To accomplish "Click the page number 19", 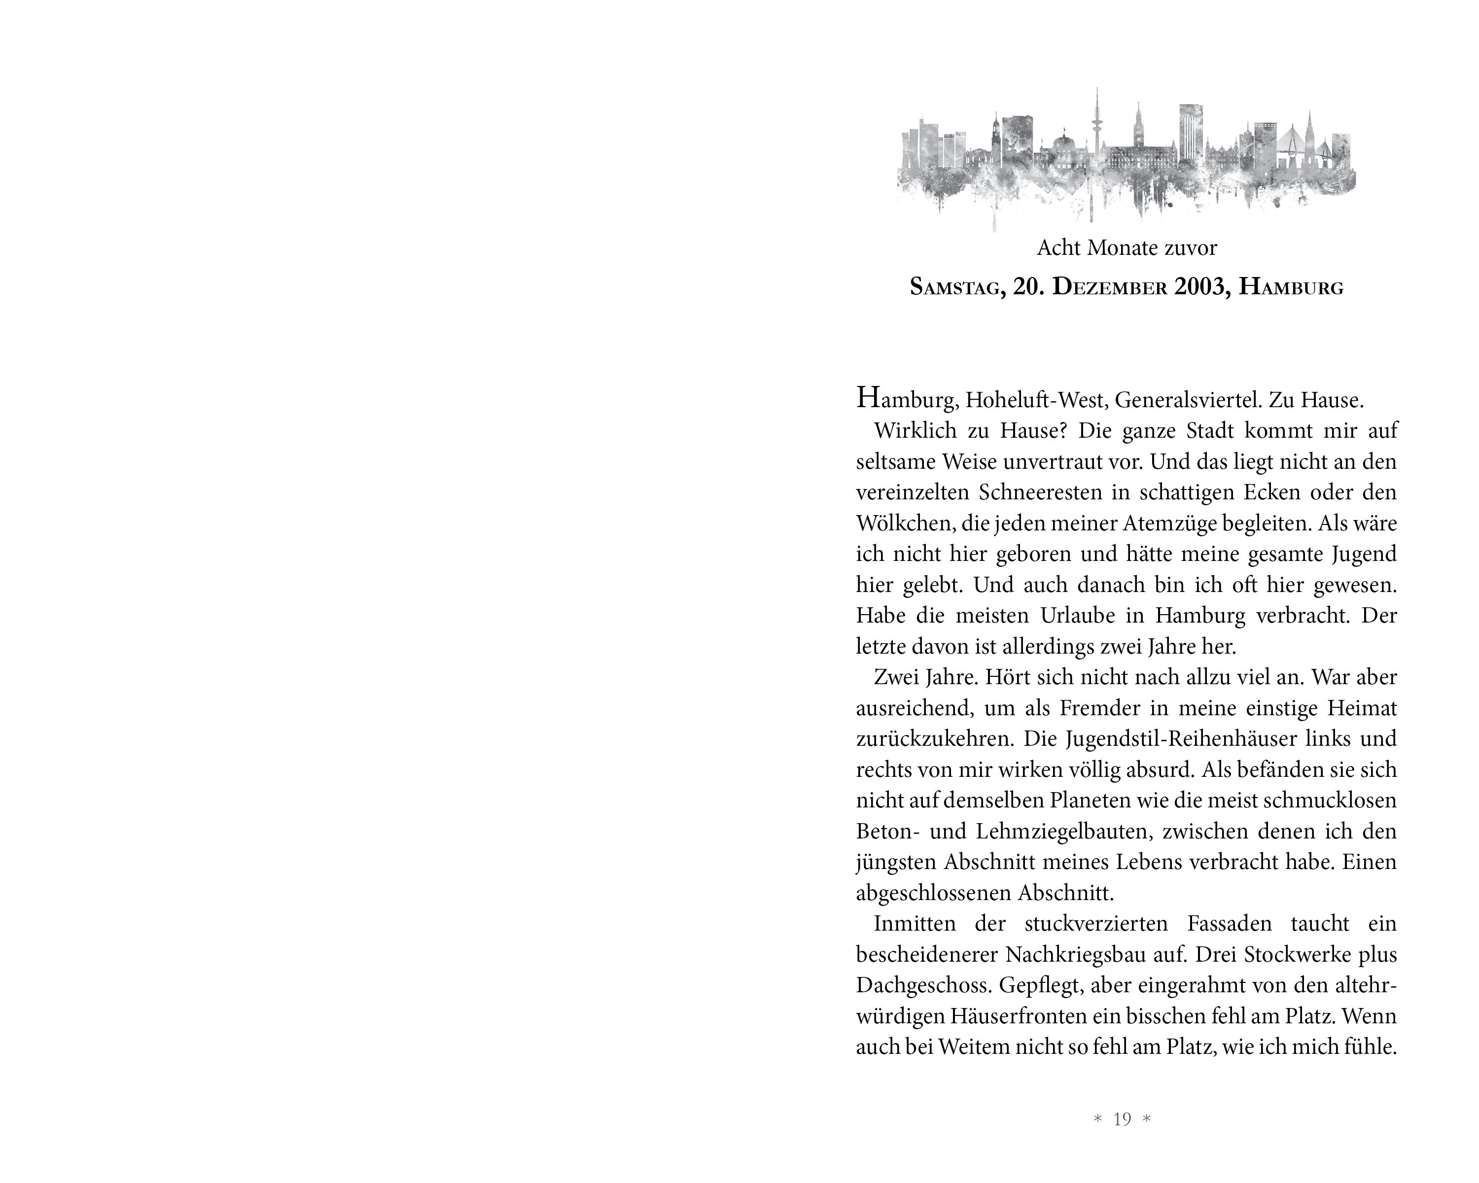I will [1122, 1119].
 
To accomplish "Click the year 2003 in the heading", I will [1198, 287].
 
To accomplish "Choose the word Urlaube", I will [1077, 615].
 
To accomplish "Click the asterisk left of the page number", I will [1097, 1119].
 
